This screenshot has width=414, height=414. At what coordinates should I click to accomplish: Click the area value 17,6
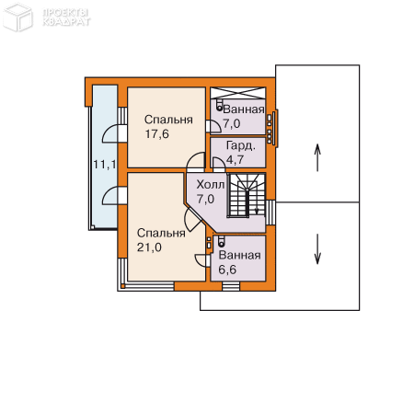click(156, 134)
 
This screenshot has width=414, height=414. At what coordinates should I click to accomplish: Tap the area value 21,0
click(149, 247)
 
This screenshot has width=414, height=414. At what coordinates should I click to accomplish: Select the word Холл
click(211, 185)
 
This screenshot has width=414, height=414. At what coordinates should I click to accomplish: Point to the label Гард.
click(240, 146)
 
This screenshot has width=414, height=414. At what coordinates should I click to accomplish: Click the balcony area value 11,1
click(105, 165)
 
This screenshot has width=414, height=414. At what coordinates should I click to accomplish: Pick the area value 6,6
click(227, 270)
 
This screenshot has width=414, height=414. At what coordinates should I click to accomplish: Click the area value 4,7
click(235, 159)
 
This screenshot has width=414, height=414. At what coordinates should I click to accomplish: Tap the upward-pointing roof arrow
click(317, 157)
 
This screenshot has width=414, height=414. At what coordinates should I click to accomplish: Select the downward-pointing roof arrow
click(317, 249)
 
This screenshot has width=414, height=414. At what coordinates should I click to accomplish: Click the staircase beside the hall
click(247, 195)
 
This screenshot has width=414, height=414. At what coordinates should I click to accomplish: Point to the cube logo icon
click(17, 17)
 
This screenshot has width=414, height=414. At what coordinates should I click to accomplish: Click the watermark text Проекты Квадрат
click(66, 17)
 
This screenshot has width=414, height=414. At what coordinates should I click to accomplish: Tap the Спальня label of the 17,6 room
click(168, 120)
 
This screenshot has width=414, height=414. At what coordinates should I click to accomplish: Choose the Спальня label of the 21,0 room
click(161, 233)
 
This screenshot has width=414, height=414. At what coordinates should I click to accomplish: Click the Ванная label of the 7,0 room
click(244, 109)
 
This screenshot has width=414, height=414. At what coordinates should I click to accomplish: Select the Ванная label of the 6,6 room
click(239, 255)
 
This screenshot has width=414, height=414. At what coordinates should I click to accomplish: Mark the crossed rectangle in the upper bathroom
click(238, 93)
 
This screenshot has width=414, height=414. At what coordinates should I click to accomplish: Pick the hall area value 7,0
click(205, 199)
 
